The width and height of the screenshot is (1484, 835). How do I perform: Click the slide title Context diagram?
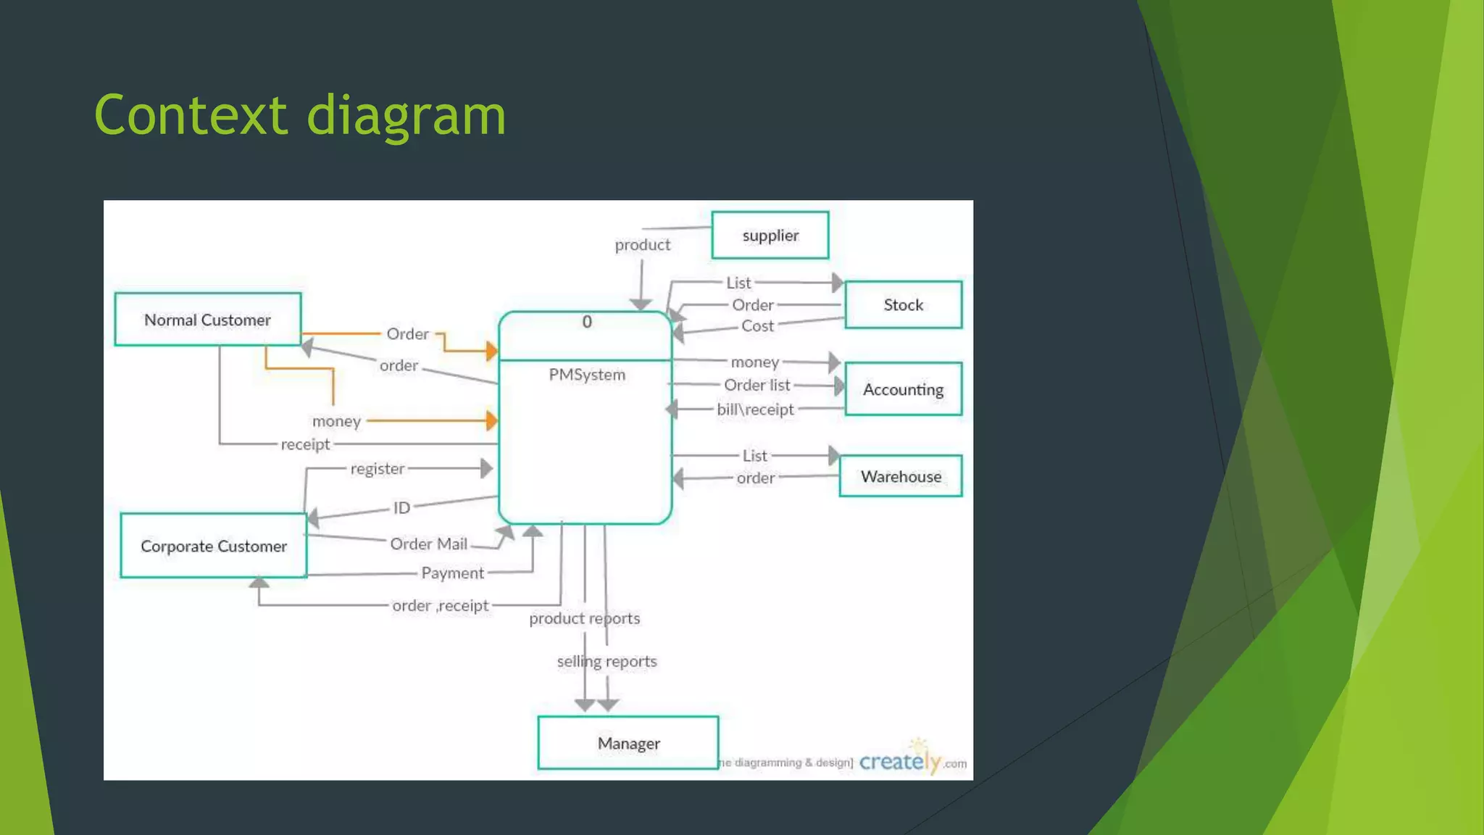coord(300,115)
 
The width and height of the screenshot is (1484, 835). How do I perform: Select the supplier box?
coord(770,235)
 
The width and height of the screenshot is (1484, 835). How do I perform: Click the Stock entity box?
coord(903,304)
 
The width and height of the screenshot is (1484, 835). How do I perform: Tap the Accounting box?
coord(903,389)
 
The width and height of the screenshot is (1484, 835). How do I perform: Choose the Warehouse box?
coord(901,476)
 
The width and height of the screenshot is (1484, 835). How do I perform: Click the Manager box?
coord(628,743)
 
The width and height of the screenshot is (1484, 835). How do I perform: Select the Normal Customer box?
coord(207,320)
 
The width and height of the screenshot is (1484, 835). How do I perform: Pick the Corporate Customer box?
coord(213,546)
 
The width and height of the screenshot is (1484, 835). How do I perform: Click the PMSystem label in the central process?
coord(586,375)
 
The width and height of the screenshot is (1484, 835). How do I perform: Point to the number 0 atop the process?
coord(587,322)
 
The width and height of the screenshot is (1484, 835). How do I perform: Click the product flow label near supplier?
coord(642,245)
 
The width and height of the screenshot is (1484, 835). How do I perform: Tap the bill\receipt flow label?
coord(755,410)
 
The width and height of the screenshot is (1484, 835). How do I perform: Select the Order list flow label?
coord(756,385)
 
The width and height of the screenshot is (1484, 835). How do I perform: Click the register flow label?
coord(377,469)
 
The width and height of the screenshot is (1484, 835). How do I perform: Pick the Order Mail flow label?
coord(428,544)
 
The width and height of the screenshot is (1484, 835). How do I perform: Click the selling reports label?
coord(606,661)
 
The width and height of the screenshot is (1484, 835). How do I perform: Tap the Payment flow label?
coord(452,573)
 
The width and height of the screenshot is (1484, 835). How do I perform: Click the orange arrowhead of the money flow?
coord(492,420)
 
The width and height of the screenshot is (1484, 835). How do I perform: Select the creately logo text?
coord(900,762)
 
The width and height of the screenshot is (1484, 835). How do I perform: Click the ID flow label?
coord(401,507)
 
